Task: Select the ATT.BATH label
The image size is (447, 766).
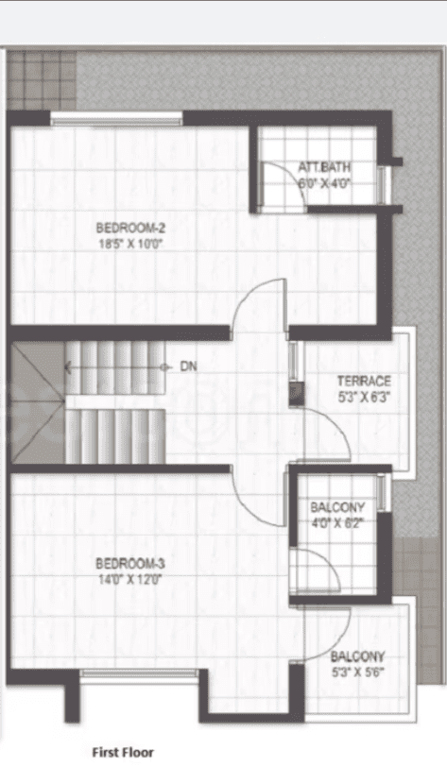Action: click(324, 168)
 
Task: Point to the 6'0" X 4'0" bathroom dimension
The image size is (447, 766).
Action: click(324, 184)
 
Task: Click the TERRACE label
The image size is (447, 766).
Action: click(364, 381)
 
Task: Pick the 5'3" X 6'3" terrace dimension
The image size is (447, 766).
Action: click(364, 398)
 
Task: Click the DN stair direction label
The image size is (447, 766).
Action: click(187, 366)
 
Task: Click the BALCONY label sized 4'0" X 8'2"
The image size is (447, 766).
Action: click(337, 507)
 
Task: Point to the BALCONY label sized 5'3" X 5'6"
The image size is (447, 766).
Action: click(358, 656)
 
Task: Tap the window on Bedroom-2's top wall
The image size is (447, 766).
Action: click(116, 118)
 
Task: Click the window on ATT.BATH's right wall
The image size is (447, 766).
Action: click(382, 184)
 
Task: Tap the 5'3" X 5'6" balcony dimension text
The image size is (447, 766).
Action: click(358, 673)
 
